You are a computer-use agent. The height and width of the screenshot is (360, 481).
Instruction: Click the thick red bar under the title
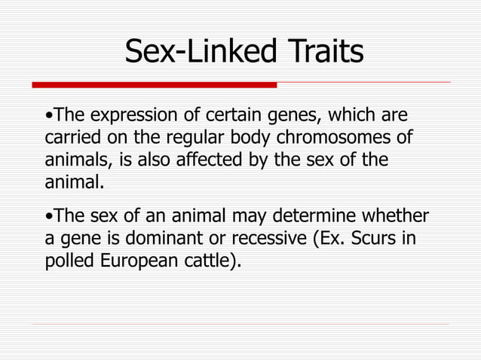pos(155,84)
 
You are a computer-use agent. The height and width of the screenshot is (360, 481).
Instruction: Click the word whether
pos(398,218)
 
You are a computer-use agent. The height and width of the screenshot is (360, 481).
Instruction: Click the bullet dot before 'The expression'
pos(48,117)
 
